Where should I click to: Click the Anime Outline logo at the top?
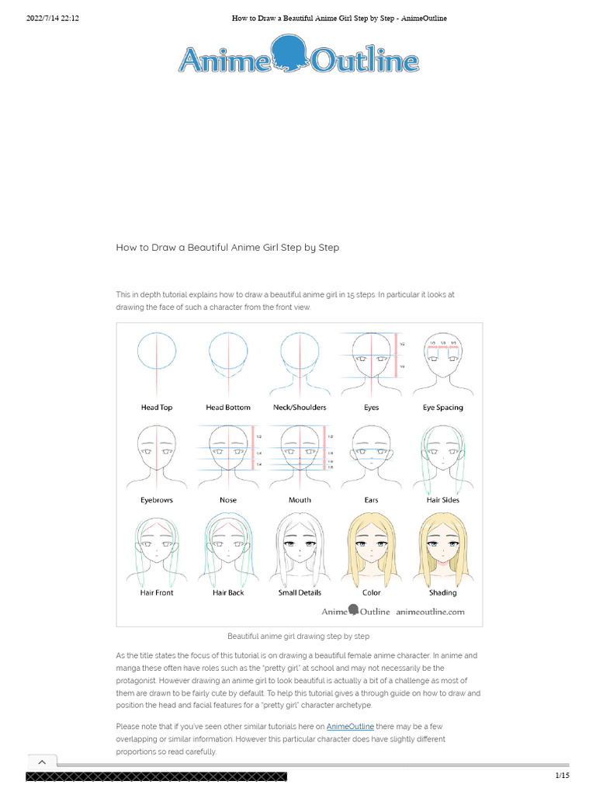click(299, 59)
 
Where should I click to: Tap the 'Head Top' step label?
click(156, 408)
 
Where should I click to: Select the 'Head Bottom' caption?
click(228, 408)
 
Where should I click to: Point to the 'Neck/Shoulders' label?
click(300, 408)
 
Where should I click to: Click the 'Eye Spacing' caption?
click(442, 408)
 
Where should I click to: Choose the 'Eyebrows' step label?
click(156, 500)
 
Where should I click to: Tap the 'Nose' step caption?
click(228, 500)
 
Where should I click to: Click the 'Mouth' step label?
click(300, 500)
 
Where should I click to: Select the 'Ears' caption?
click(371, 500)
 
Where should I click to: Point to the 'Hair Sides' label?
click(442, 500)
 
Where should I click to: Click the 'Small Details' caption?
click(300, 592)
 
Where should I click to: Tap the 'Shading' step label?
click(442, 592)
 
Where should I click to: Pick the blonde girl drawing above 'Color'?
click(371, 548)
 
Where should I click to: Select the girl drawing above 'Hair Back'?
click(228, 548)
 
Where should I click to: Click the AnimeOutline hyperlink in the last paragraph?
click(350, 726)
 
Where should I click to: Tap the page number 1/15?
click(562, 776)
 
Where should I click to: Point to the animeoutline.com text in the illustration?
click(430, 612)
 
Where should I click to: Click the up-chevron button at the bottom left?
click(42, 762)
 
